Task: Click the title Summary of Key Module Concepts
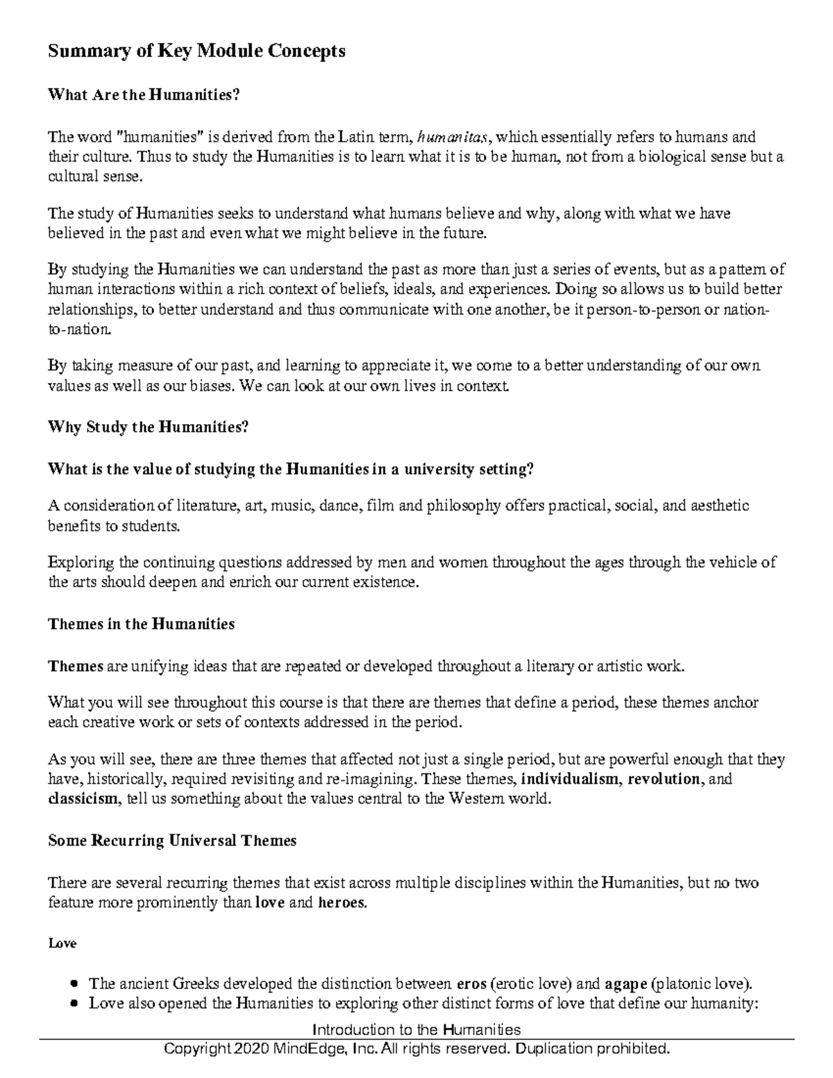pos(196,51)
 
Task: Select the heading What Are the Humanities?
pos(144,95)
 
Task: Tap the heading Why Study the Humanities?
pos(148,427)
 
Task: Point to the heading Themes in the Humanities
pos(141,624)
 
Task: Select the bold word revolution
pos(664,778)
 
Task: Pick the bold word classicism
pos(83,798)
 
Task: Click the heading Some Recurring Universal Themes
pos(172,841)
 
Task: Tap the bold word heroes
pos(341,903)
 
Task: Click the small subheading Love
pos(62,944)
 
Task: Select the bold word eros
pos(472,984)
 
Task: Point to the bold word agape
pos(625,984)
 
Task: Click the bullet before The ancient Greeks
pos(75,984)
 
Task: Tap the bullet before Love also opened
pos(75,1004)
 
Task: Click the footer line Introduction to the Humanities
pos(416,1029)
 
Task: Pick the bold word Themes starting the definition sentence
pos(76,667)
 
